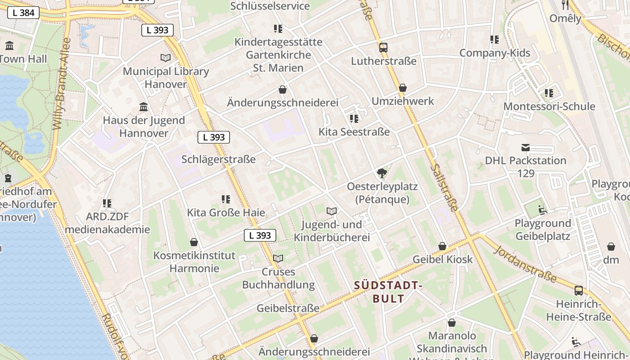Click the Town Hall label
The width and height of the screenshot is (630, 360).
tap(23, 58)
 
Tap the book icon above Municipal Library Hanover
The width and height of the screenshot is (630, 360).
tap(166, 58)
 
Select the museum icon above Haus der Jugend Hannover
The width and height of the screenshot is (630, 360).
tap(144, 107)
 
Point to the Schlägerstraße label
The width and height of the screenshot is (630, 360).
tap(218, 159)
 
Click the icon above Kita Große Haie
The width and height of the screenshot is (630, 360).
tap(226, 199)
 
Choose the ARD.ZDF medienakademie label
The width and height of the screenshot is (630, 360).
tap(107, 223)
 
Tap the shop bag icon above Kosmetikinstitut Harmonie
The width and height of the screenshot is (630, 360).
tap(194, 242)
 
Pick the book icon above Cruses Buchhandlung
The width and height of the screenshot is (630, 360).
tap(278, 258)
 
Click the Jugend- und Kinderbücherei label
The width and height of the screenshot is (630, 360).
tap(332, 231)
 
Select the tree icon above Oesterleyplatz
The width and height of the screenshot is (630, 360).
tap(382, 173)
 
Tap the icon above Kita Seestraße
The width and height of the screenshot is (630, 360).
tap(354, 118)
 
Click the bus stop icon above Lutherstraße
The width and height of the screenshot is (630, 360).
tap(383, 47)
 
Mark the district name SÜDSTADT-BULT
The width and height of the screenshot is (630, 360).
tap(388, 292)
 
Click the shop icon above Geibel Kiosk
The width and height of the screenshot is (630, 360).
tap(442, 246)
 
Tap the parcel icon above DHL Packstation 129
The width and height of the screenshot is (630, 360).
tap(525, 147)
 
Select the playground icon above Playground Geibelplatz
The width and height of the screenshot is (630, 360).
tap(543, 210)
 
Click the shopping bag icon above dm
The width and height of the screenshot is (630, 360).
tap(611, 247)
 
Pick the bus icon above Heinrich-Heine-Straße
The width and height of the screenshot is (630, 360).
tap(579, 290)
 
